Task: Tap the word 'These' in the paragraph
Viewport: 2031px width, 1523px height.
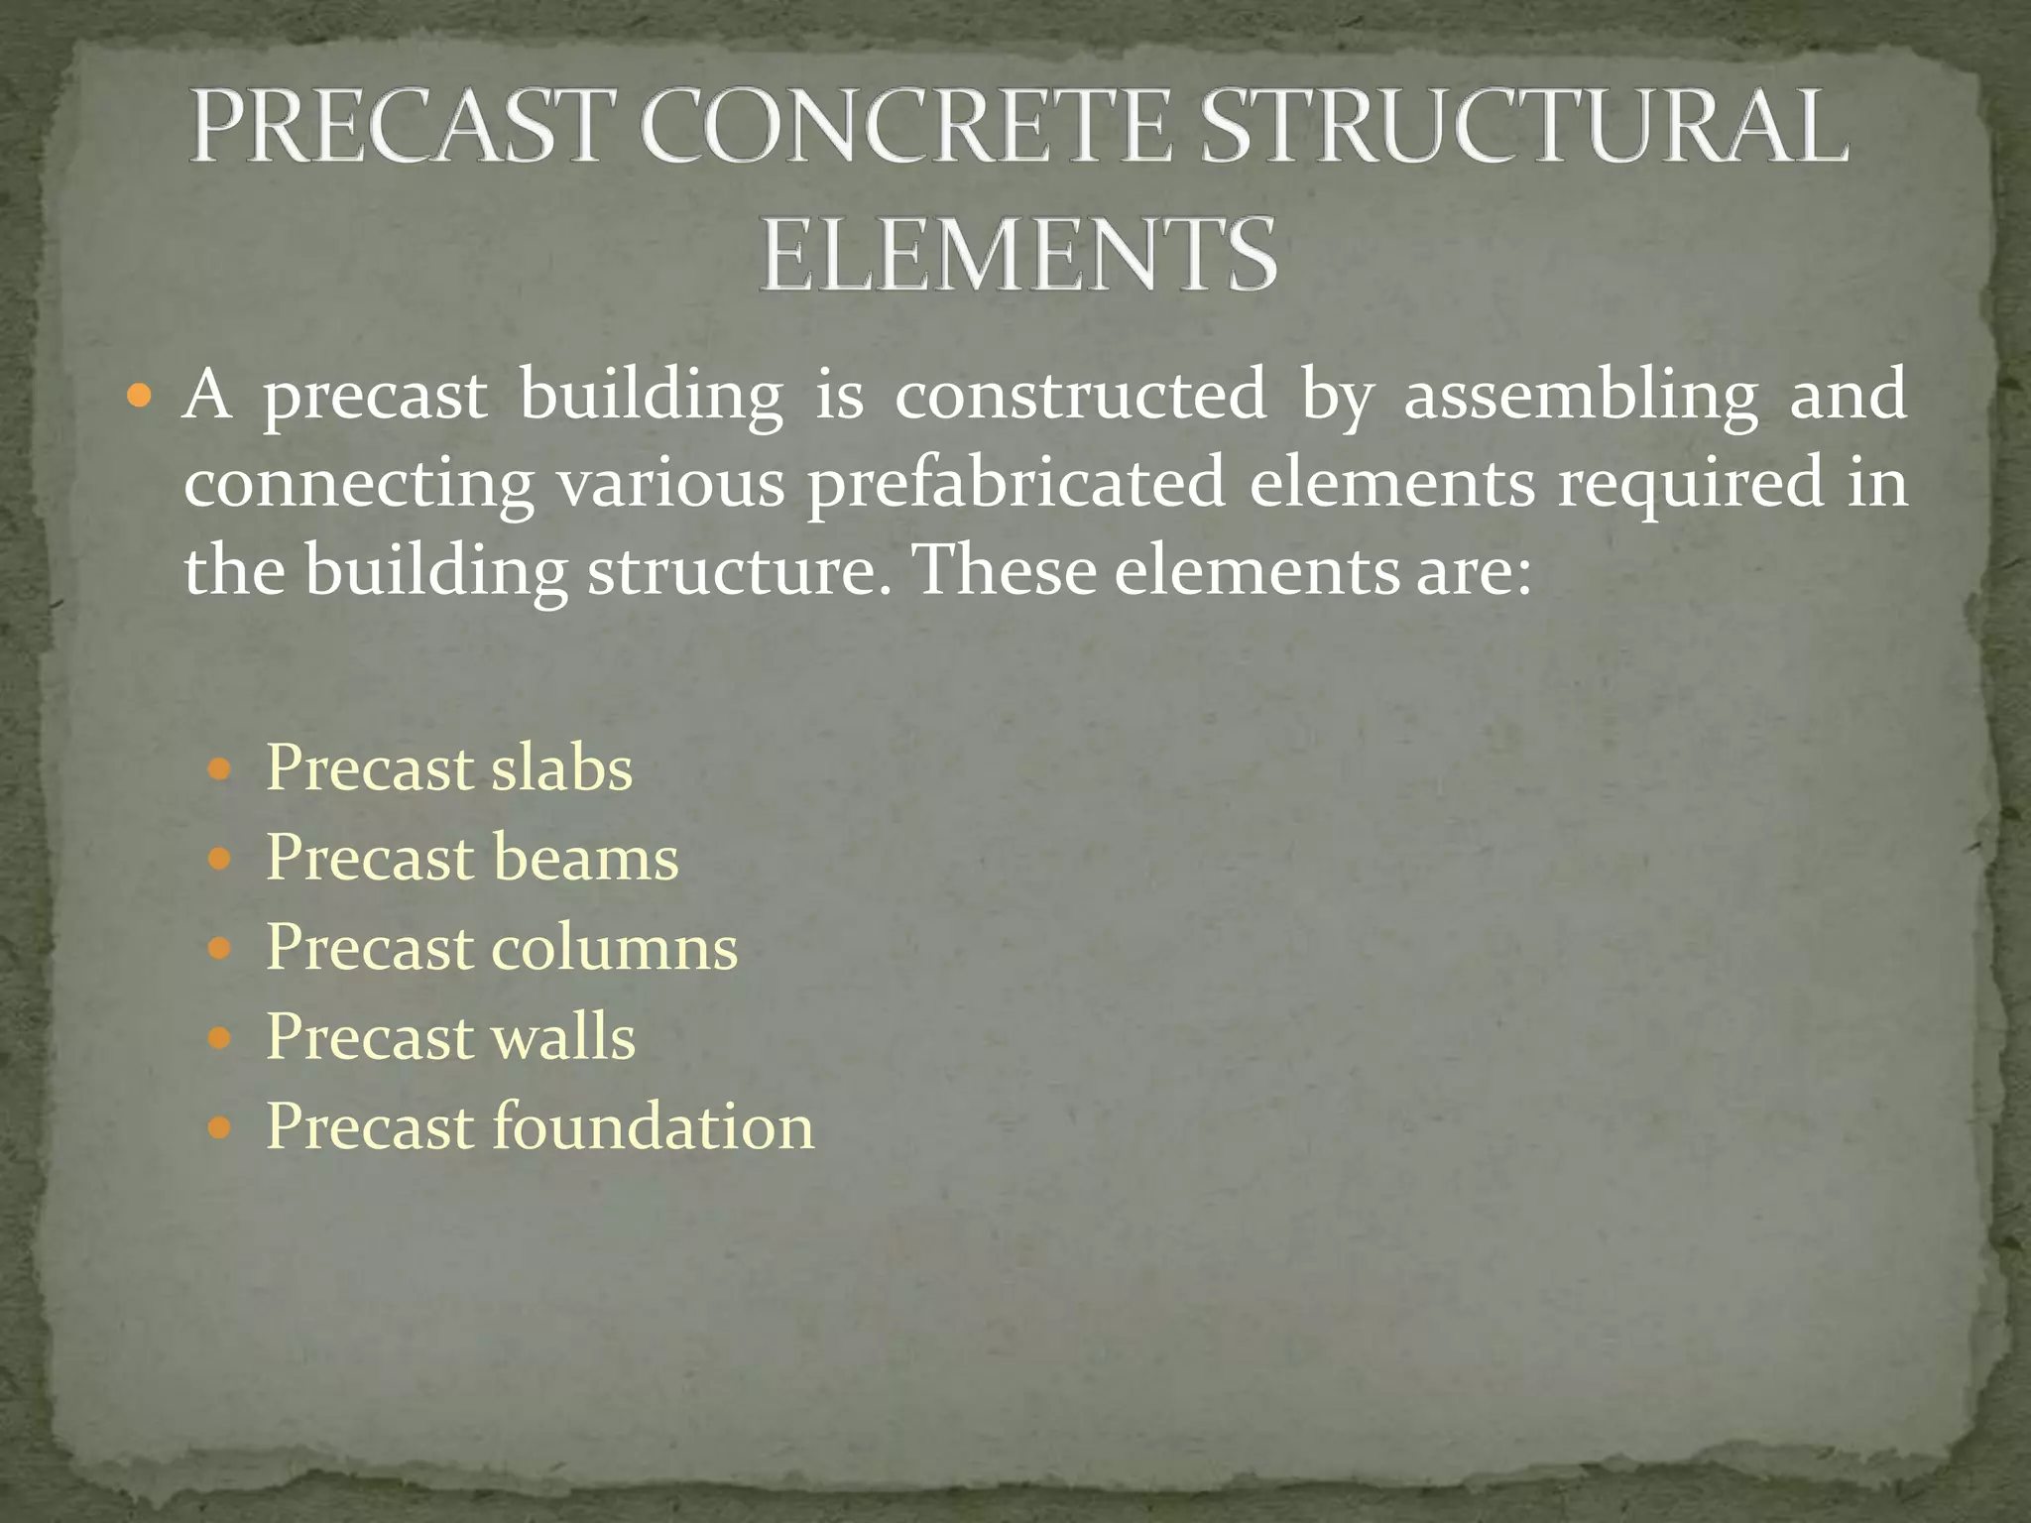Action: (x=1002, y=571)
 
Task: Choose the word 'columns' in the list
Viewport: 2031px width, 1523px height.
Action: (x=615, y=948)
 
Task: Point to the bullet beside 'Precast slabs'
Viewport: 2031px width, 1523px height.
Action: (x=220, y=769)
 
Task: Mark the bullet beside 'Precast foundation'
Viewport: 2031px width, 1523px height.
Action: (x=220, y=1128)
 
